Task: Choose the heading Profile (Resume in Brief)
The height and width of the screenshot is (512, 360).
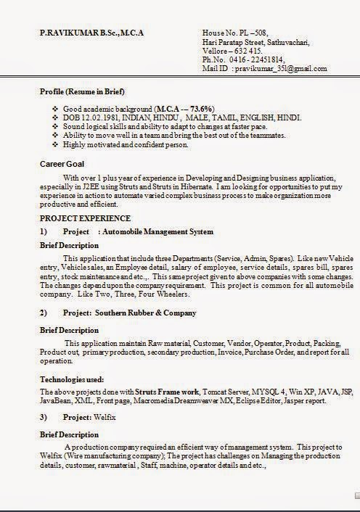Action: click(82, 92)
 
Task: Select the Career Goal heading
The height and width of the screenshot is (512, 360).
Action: click(62, 164)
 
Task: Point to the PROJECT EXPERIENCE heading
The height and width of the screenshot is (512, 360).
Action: click(85, 218)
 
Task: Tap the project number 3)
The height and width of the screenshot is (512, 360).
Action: click(44, 417)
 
